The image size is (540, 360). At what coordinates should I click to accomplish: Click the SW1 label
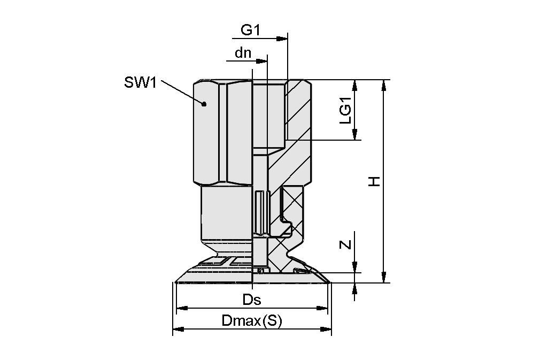(x=140, y=82)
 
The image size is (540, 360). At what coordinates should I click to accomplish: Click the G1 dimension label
(x=250, y=30)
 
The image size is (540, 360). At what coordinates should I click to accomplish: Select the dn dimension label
(x=243, y=53)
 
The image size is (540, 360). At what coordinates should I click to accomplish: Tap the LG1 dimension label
(x=346, y=111)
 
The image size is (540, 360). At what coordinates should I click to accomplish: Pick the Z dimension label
(x=346, y=244)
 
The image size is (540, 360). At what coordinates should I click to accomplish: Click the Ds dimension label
(x=251, y=300)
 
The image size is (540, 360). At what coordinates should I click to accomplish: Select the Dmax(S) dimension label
(x=251, y=321)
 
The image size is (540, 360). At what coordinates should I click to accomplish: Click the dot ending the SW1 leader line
(x=204, y=104)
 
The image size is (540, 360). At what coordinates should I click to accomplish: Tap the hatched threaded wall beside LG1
(x=298, y=110)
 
